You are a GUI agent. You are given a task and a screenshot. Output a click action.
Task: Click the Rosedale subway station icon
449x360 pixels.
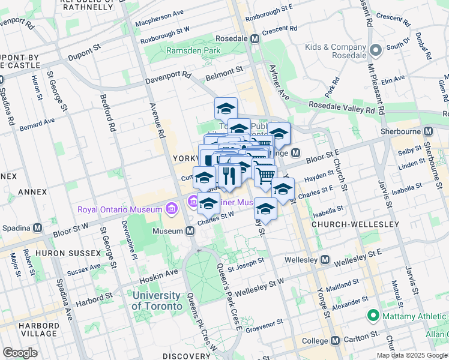255,38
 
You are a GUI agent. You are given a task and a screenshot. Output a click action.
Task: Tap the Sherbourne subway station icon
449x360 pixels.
429,131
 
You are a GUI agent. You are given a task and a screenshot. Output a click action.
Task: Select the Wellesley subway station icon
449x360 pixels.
325,260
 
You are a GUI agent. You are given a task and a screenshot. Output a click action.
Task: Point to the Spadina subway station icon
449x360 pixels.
37,228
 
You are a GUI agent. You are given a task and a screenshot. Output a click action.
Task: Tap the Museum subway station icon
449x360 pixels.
190,231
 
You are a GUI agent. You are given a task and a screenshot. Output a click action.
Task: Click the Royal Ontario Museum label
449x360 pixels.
120,209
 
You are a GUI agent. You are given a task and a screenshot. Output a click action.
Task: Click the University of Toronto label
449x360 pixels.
157,301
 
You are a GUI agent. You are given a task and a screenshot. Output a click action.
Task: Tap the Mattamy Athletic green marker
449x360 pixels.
372,315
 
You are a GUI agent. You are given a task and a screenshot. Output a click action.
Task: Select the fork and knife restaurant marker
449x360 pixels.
229,175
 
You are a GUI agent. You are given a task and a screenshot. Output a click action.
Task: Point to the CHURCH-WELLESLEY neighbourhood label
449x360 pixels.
355,224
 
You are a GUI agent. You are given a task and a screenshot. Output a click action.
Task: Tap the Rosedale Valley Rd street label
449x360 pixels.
342,107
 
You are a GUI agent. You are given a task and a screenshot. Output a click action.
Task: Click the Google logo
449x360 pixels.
20,353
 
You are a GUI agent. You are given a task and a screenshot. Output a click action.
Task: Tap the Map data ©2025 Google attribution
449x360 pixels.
412,355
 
